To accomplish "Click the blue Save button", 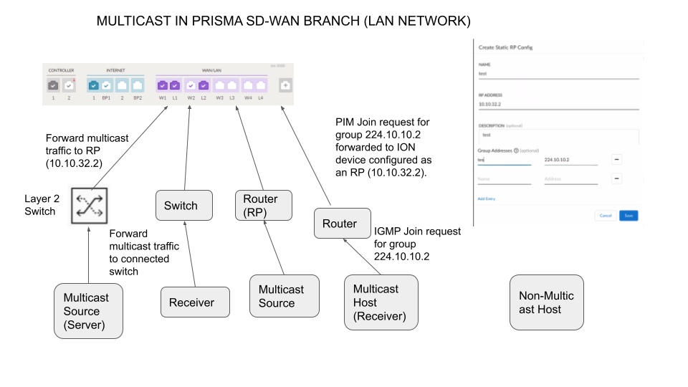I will coord(629,215).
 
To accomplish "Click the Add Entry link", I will coord(486,199).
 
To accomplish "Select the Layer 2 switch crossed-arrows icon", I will coord(88,204).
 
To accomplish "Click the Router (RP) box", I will coord(264,206).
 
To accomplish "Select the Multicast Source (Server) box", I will coord(88,311).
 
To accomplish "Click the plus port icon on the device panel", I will coord(285,85).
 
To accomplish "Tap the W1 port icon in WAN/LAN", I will coord(163,85).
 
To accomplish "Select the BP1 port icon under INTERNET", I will coord(106,85).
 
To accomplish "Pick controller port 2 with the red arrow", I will coord(69,85).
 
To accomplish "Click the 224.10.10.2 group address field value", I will coord(557,160).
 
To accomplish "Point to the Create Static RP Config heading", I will coord(505,47).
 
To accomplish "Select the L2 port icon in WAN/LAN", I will coord(203,85).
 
